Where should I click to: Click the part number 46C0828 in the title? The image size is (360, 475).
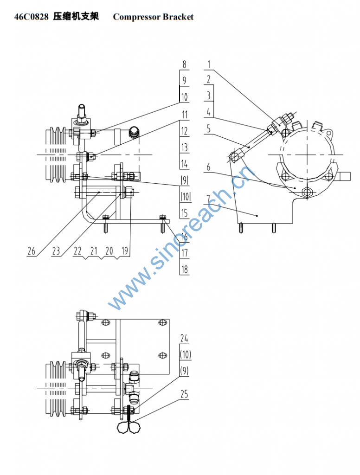[31, 17]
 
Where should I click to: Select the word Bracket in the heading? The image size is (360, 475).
[178, 17]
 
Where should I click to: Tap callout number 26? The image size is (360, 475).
[32, 251]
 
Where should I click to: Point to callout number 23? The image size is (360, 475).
[56, 251]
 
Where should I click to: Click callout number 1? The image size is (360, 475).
[209, 64]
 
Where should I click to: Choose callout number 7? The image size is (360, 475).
[208, 199]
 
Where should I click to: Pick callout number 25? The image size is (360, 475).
[184, 394]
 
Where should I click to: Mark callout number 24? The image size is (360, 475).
[184, 338]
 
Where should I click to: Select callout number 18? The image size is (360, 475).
[184, 270]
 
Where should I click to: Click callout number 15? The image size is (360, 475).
[184, 213]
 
